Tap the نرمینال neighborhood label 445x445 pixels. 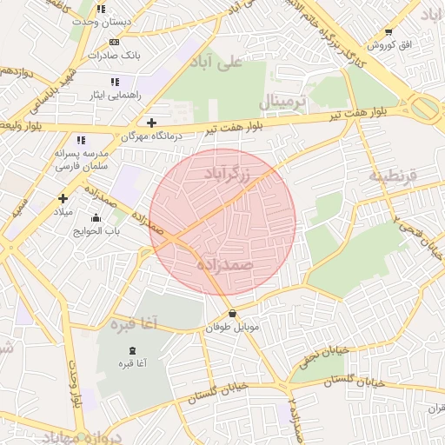click(283, 103)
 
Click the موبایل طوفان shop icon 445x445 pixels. click(232, 314)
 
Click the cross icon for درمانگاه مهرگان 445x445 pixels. click(152, 123)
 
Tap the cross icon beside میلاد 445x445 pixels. click(63, 198)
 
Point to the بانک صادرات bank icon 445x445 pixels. click(114, 41)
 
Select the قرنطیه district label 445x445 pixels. click(393, 176)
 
